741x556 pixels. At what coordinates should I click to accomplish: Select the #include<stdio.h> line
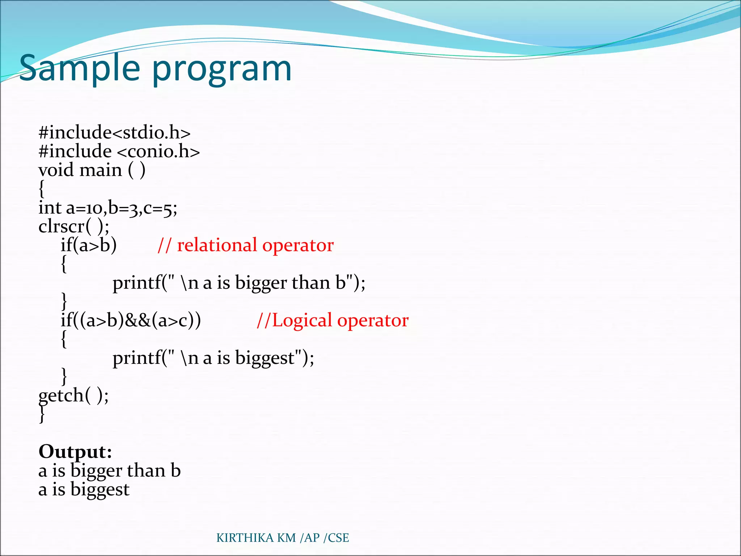(x=114, y=132)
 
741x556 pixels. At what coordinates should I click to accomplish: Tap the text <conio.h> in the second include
(x=158, y=151)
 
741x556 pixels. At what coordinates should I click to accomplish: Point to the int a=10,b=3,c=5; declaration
(x=108, y=208)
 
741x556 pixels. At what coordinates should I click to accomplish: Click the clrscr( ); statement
(x=74, y=227)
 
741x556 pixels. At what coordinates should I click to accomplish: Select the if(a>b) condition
(x=89, y=245)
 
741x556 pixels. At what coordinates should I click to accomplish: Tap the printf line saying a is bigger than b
(x=239, y=283)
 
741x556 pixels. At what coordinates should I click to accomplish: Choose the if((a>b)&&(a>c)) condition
(x=131, y=320)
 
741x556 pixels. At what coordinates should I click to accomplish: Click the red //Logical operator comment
(x=333, y=320)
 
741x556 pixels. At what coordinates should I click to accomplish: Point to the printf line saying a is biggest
(x=213, y=358)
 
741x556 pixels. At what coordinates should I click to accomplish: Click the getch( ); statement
(x=73, y=395)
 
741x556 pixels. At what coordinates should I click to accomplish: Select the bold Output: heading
(x=75, y=451)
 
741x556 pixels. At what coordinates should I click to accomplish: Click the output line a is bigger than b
(x=109, y=471)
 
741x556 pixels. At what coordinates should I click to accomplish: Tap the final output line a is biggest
(x=84, y=489)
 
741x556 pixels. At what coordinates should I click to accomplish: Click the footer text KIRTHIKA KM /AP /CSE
(x=283, y=538)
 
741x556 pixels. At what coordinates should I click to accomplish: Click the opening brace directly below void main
(x=42, y=189)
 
